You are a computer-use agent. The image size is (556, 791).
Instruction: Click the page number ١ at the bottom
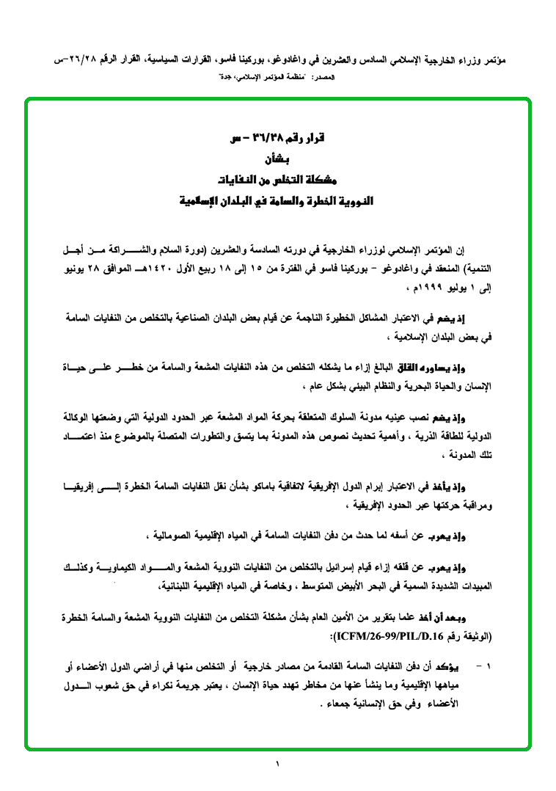[278, 765]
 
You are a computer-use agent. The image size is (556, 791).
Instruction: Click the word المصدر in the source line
[322, 76]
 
